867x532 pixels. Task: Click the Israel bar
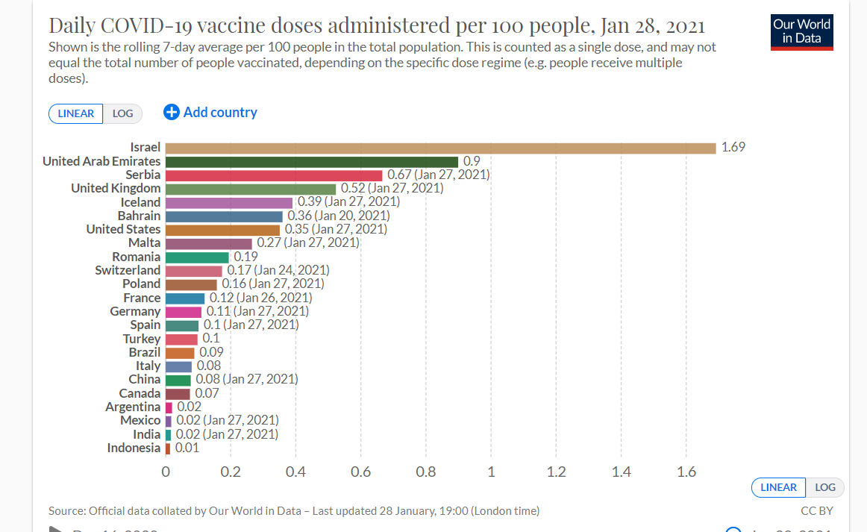click(x=440, y=148)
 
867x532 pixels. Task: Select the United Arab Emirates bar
click(x=312, y=161)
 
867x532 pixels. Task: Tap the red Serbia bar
click(x=274, y=175)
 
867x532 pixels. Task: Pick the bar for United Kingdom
click(x=251, y=188)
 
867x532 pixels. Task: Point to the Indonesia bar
click(x=168, y=448)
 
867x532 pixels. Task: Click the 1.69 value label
click(x=733, y=148)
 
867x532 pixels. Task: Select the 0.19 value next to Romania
click(x=245, y=257)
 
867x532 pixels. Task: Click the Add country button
click(x=210, y=113)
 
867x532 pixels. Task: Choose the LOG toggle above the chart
click(x=122, y=113)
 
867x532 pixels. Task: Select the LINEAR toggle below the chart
click(x=778, y=487)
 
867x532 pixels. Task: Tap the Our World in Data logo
click(x=801, y=31)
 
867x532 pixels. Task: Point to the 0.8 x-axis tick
click(x=426, y=472)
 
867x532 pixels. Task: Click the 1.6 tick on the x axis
click(x=686, y=472)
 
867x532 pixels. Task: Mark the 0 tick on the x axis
click(x=166, y=472)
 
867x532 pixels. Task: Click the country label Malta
click(x=144, y=242)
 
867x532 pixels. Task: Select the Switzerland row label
click(x=128, y=270)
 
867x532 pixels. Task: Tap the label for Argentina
click(x=133, y=407)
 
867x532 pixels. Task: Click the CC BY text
click(x=816, y=511)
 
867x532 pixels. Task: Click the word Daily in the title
click(x=72, y=26)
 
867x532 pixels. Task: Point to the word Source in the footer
click(x=66, y=511)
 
